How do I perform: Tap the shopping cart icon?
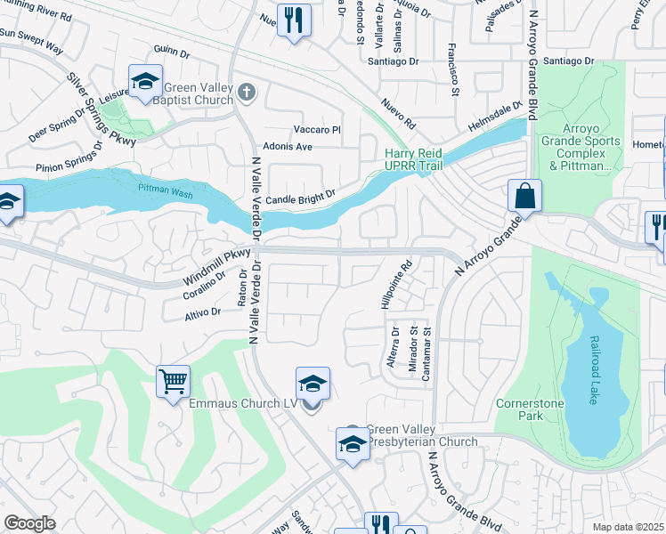tap(174, 382)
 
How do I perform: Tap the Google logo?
tap(29, 523)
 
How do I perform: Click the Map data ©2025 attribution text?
tap(628, 526)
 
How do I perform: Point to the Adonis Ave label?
tap(286, 146)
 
